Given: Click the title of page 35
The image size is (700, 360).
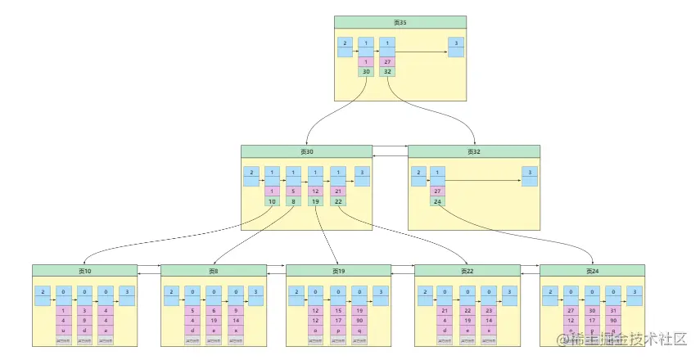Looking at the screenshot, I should pos(400,22).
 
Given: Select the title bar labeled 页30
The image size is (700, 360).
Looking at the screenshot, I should pos(306,151).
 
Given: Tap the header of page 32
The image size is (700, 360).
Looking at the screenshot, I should pos(473,151).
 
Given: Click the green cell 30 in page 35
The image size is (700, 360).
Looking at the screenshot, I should pos(365,71).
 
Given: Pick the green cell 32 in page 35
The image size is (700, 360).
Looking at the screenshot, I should pos(386,71).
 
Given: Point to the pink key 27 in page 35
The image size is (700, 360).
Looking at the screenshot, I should pos(386,61).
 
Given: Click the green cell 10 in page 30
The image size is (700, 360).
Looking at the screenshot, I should pos(272,200).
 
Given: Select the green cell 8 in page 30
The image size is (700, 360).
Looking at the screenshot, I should pos(293,200).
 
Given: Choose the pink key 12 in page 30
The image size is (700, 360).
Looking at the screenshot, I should pos(315,191).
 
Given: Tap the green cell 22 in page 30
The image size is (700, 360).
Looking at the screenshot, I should pos(337,200).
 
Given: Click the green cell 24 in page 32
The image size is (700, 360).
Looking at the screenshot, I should pos(438,200).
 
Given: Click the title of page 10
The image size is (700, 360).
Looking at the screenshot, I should pos(84,271).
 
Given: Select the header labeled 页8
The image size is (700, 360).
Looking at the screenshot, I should pos(214,271).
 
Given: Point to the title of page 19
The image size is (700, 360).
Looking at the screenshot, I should pos(338,271).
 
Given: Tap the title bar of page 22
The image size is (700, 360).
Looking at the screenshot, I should pos(467,271).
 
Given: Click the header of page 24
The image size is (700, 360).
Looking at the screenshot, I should pos(592,271).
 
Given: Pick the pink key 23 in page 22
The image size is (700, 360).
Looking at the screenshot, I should pos(488,310).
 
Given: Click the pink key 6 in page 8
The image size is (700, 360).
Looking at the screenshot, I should pos(214,310).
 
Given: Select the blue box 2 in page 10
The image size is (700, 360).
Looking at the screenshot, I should pos(41,292).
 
